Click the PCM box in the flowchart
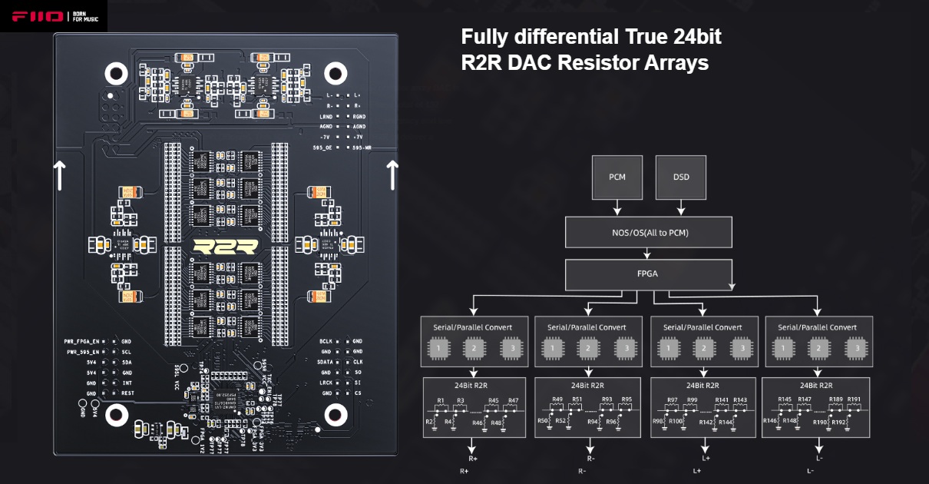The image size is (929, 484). click(x=617, y=177)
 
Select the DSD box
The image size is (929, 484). click(x=681, y=177)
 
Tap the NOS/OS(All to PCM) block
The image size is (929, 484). click(x=649, y=232)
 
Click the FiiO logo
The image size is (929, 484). click(x=36, y=16)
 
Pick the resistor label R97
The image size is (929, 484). click(x=672, y=401)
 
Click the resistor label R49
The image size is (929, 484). click(x=557, y=401)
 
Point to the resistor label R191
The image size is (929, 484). click(x=855, y=401)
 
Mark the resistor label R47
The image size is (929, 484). click(x=513, y=401)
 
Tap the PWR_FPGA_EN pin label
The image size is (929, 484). click(x=81, y=340)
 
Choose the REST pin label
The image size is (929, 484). click(x=127, y=393)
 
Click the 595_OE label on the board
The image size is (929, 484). click(x=322, y=147)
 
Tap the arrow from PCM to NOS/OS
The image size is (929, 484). click(x=617, y=207)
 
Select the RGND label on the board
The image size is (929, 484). click(x=359, y=115)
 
